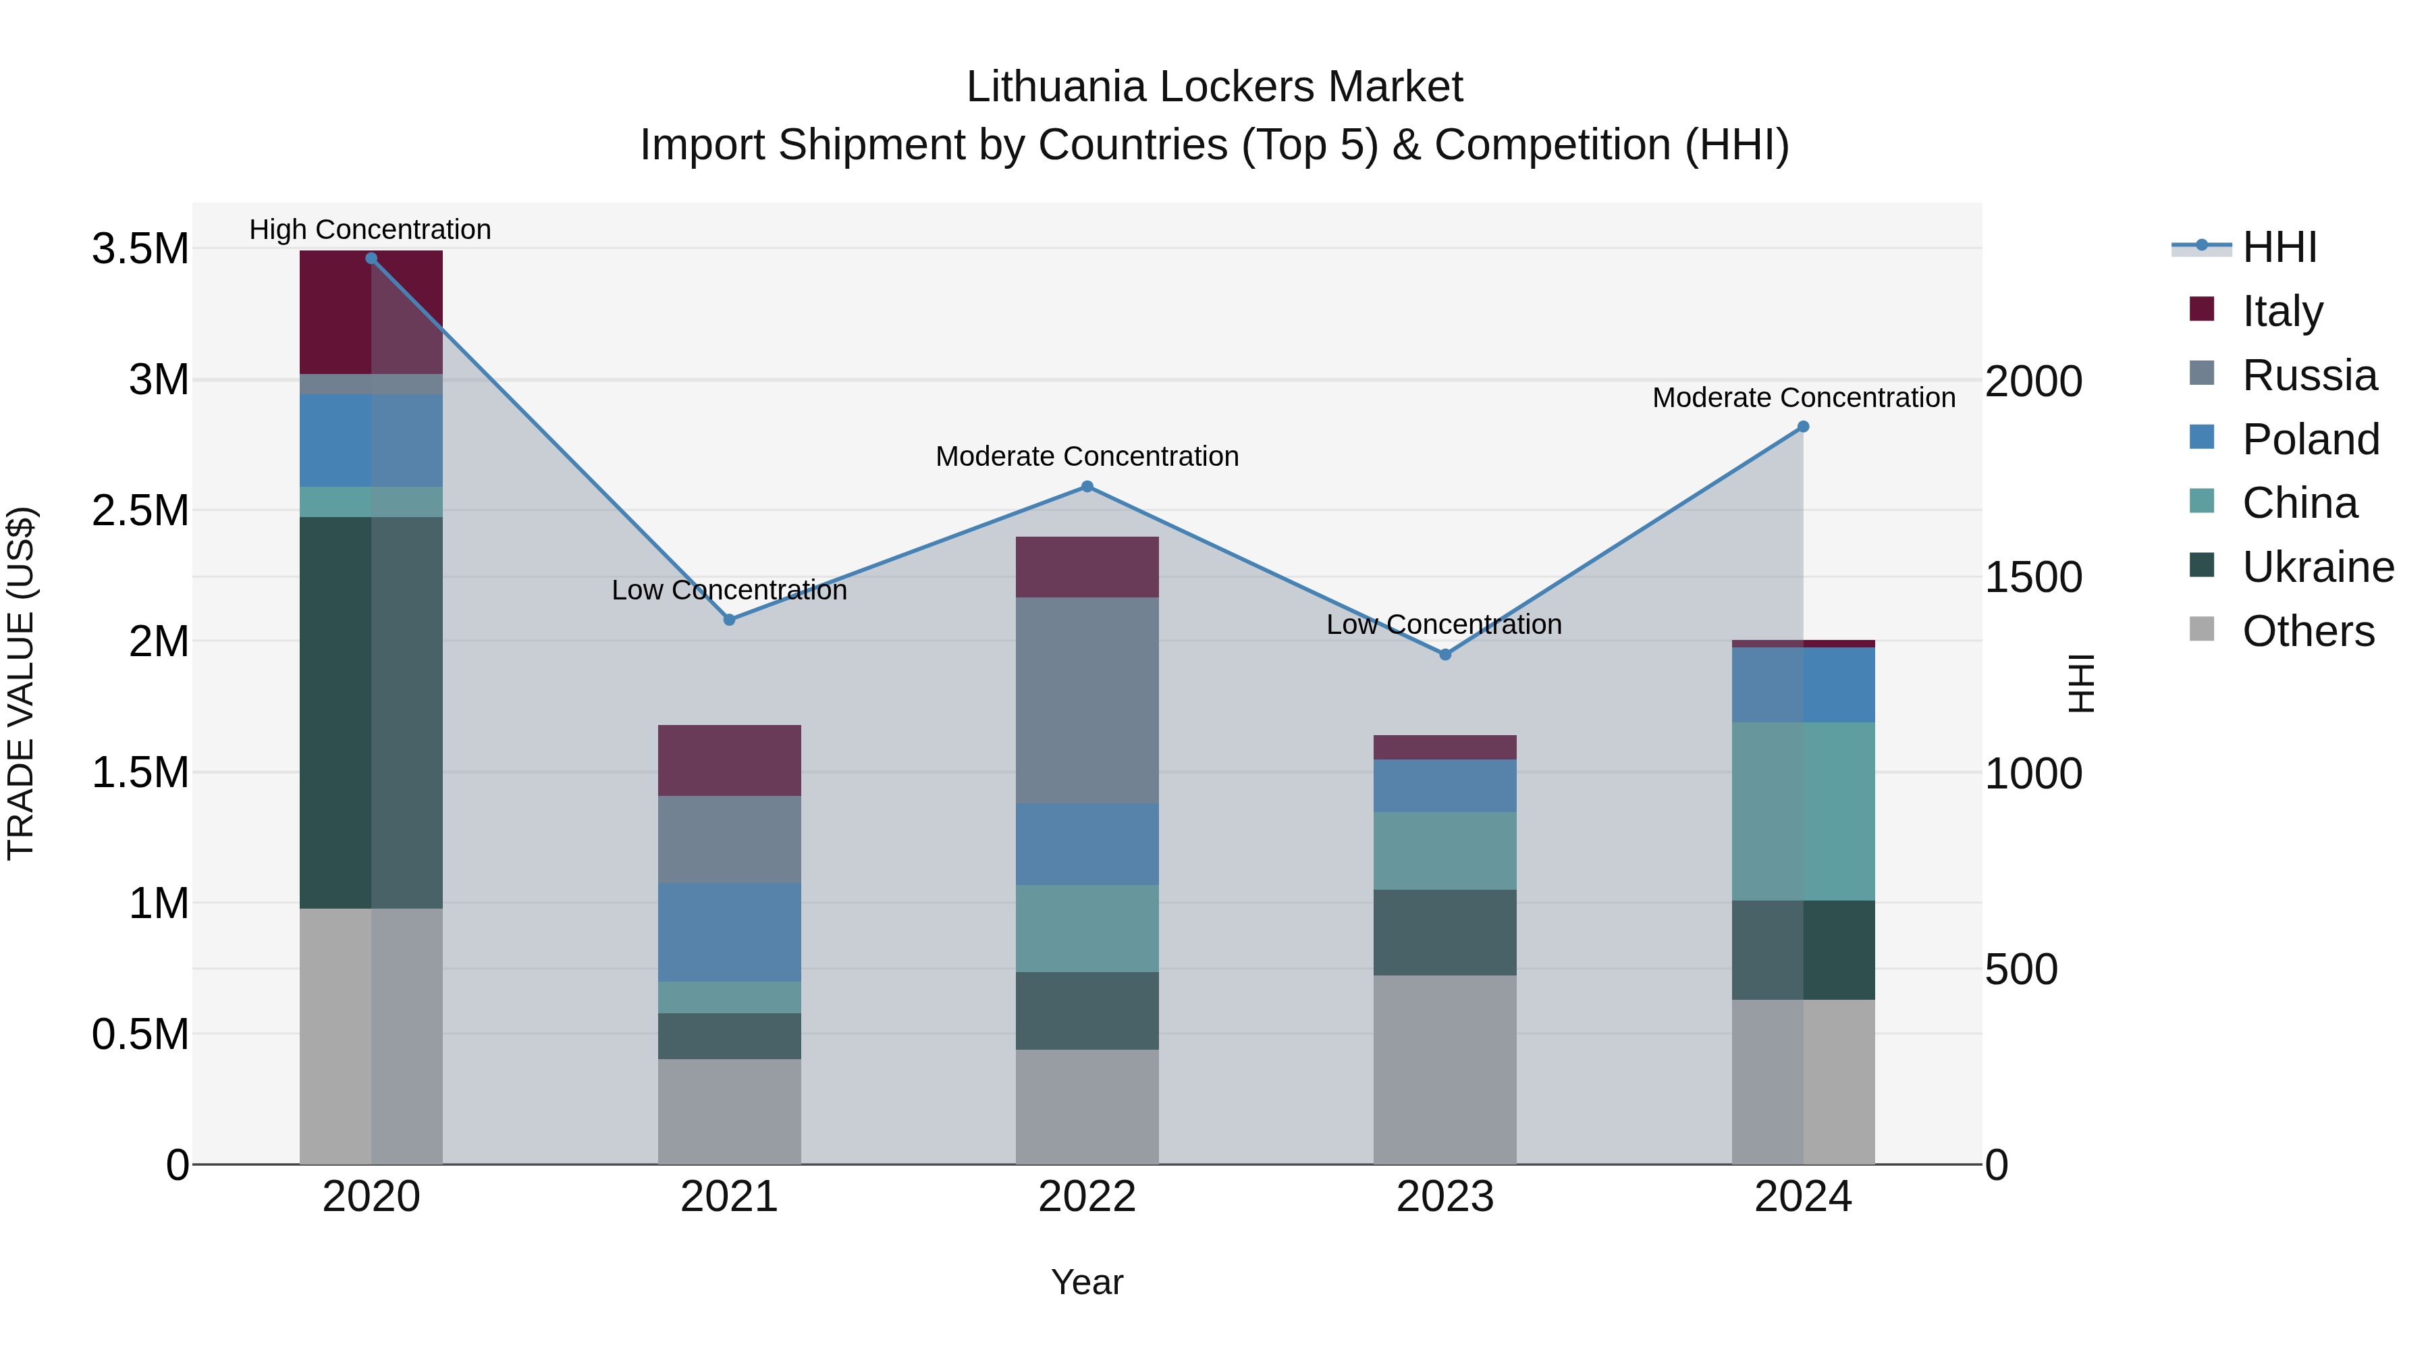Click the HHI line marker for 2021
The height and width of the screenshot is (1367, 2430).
point(729,620)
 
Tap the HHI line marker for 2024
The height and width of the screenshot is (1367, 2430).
point(1803,427)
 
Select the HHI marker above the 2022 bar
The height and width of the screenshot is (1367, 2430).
point(1087,487)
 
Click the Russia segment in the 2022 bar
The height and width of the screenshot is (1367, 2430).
point(1087,700)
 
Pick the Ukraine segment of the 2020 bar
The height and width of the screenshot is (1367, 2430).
point(371,712)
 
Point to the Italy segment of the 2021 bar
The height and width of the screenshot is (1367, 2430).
point(729,760)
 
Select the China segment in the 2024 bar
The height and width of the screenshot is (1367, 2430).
point(1803,811)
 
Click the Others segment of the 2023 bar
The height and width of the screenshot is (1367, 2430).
point(1444,1070)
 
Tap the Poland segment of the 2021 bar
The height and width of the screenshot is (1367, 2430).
point(729,932)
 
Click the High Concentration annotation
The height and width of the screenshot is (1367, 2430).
point(370,230)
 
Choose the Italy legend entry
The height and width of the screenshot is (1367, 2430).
point(2282,311)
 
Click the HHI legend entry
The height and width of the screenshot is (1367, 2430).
point(2278,247)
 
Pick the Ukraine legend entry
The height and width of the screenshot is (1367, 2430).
point(2317,567)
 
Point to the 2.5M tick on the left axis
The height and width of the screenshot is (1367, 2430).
point(140,510)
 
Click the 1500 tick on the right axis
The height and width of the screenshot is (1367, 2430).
point(2033,577)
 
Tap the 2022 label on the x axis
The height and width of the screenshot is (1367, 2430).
point(1087,1197)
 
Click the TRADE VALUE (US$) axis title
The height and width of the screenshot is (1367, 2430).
point(21,683)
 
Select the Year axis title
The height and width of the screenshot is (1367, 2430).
point(1087,1282)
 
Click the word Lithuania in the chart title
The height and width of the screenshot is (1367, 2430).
point(1056,87)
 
